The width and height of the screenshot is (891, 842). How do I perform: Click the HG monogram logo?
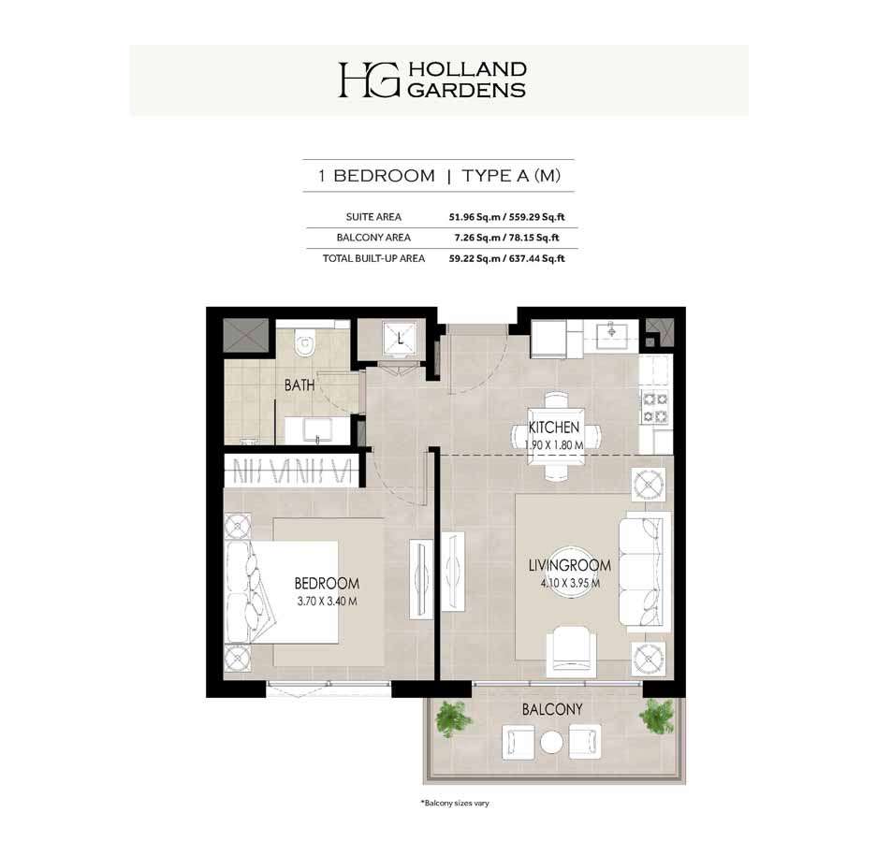(369, 80)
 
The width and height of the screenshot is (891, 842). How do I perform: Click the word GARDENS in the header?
(467, 90)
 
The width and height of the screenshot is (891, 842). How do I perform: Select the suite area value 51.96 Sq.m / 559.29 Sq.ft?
(507, 217)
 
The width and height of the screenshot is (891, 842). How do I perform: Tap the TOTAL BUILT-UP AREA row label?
(374, 258)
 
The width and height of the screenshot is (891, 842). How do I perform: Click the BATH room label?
(299, 385)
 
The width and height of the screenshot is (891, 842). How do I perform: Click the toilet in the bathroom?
(305, 343)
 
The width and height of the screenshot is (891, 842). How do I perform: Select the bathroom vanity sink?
(316, 430)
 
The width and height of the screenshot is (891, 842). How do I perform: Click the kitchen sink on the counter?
(612, 330)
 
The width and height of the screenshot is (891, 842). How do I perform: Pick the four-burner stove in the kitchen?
(655, 408)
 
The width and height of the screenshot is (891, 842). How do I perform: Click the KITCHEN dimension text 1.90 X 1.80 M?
(554, 445)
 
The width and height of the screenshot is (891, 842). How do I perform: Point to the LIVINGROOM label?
(569, 565)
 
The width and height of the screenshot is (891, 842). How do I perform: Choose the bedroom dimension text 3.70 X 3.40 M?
(327, 602)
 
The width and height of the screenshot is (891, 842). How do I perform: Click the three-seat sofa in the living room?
(645, 571)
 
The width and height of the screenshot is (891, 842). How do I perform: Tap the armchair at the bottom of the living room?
(572, 652)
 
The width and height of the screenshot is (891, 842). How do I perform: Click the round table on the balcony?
(551, 742)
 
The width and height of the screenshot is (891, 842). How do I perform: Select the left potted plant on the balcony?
(453, 719)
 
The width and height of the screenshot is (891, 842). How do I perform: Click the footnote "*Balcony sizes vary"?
(455, 804)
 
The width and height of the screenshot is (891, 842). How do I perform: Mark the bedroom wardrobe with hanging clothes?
(292, 471)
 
